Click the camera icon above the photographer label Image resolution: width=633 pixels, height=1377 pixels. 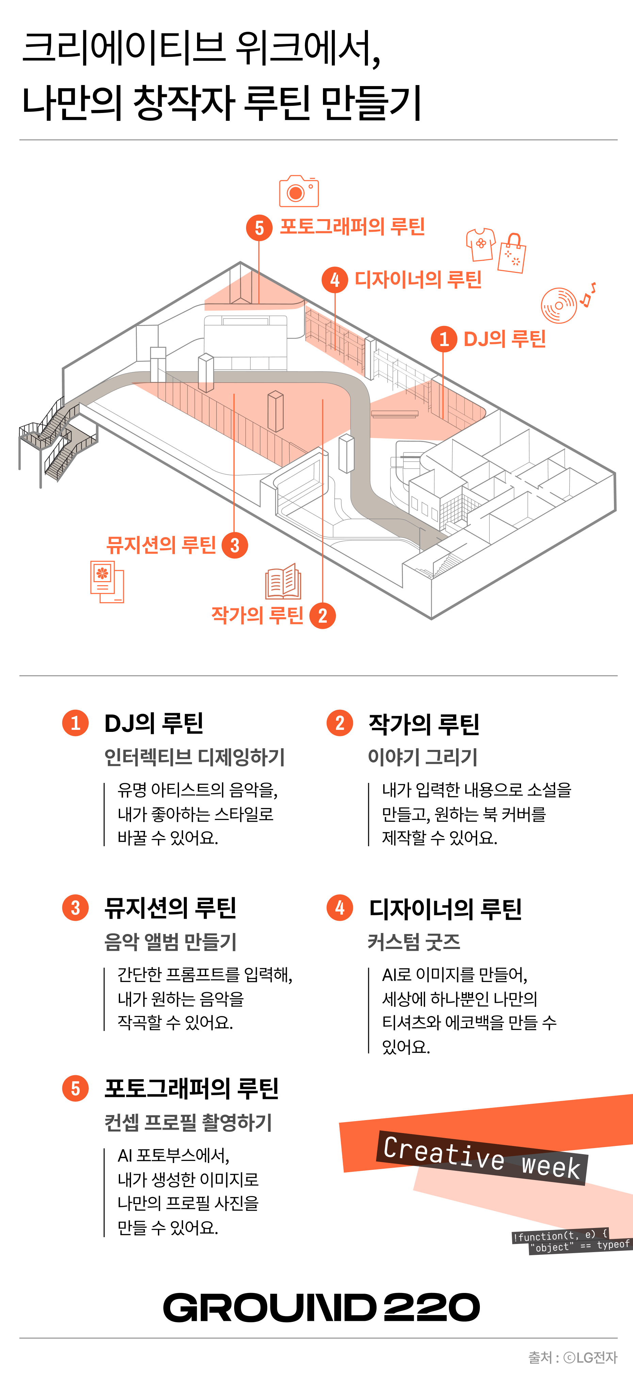[x=299, y=191]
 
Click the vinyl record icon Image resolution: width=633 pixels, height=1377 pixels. [x=559, y=305]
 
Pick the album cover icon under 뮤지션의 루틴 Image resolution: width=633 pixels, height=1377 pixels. [x=107, y=581]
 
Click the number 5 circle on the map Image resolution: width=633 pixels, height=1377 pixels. [x=259, y=228]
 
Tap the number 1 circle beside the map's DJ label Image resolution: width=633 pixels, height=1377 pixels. [x=444, y=339]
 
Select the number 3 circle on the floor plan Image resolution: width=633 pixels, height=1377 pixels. [x=235, y=545]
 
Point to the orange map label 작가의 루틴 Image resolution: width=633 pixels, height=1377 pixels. [x=258, y=615]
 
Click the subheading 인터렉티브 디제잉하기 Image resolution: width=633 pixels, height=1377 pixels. [x=195, y=757]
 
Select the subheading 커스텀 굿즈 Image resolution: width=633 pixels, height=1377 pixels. [x=414, y=942]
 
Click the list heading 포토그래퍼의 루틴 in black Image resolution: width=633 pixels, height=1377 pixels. [x=191, y=1088]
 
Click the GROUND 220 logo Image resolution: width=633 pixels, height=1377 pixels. [x=321, y=1308]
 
